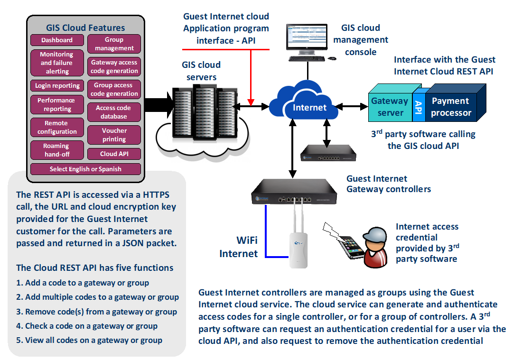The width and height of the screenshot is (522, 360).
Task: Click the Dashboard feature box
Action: click(57, 40)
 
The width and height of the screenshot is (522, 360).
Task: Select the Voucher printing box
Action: click(114, 135)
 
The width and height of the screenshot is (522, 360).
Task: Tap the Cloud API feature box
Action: click(114, 154)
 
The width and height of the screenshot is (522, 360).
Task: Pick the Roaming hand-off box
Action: click(56, 150)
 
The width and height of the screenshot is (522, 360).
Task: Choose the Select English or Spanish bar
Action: click(85, 169)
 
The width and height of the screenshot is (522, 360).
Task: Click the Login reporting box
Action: click(57, 86)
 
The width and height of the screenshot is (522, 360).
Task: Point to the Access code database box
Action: click(114, 112)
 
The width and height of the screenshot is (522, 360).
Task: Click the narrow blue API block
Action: click(418, 106)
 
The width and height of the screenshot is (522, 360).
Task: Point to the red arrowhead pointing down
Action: click(252, 102)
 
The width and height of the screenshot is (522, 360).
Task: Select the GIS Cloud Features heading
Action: click(85, 28)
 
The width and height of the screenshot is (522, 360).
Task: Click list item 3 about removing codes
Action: click(96, 312)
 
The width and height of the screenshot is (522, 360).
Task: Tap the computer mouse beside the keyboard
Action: click(332, 58)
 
